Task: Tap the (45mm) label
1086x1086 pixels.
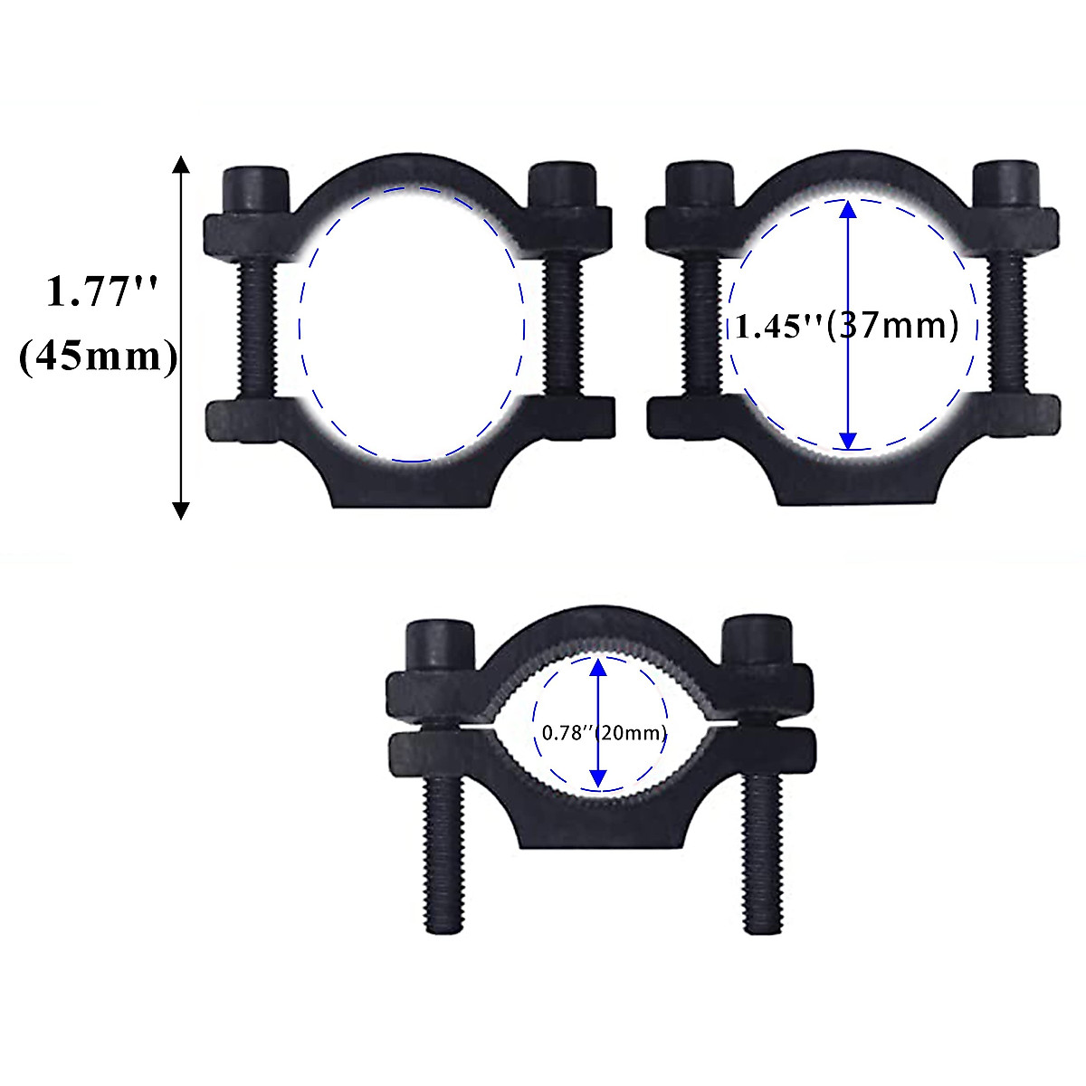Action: click(x=98, y=357)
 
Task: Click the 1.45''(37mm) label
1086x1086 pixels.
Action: click(x=845, y=325)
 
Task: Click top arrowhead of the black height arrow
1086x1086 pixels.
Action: click(x=181, y=164)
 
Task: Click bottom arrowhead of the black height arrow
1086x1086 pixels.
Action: click(x=181, y=510)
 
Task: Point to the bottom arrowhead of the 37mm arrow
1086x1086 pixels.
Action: click(x=847, y=440)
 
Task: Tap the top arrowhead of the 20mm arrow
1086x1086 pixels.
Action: click(x=597, y=668)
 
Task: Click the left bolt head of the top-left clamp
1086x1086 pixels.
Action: click(x=254, y=189)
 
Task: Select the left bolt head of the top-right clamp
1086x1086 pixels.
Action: click(x=698, y=186)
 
